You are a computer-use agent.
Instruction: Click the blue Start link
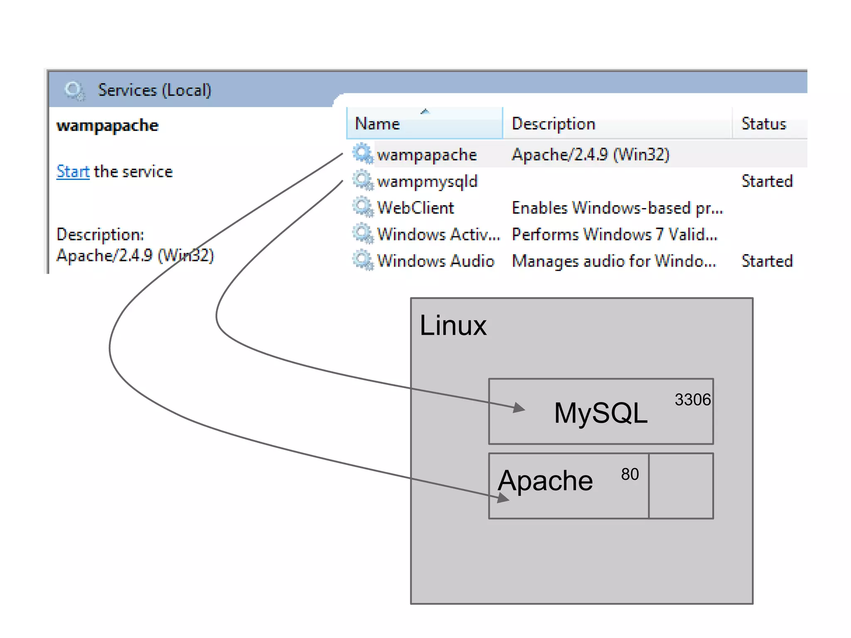[x=73, y=172]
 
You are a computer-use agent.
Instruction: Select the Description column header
[x=553, y=124]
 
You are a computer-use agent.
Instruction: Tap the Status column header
[x=764, y=124]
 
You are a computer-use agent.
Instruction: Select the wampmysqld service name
[x=427, y=182]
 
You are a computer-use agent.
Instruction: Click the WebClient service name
[x=415, y=208]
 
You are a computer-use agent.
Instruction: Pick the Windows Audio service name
[x=435, y=261]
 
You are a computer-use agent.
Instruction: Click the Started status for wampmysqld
[x=767, y=182]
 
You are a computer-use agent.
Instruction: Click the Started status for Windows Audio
[x=767, y=261]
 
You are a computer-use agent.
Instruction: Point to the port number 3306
[x=692, y=400]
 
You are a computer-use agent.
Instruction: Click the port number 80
[x=630, y=474]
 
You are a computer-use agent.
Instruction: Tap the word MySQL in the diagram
[x=600, y=413]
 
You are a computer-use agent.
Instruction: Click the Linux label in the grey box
[x=453, y=325]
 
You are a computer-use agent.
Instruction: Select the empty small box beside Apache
[x=681, y=486]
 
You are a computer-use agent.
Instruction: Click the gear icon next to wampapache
[x=363, y=154]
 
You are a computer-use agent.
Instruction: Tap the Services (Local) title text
[x=154, y=90]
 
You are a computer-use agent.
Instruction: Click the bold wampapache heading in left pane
[x=107, y=125]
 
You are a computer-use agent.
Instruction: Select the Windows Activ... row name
[x=438, y=234]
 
